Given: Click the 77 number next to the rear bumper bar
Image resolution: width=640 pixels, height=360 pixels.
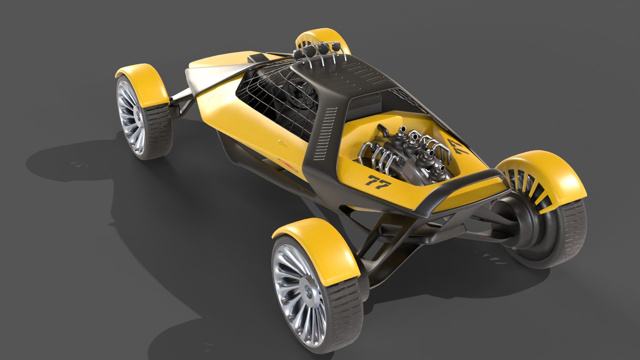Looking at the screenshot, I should click(x=378, y=182).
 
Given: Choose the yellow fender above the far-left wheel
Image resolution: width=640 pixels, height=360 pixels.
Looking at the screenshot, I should click(x=147, y=83).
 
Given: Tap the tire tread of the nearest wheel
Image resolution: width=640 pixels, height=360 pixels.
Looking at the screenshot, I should click(x=347, y=310).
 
